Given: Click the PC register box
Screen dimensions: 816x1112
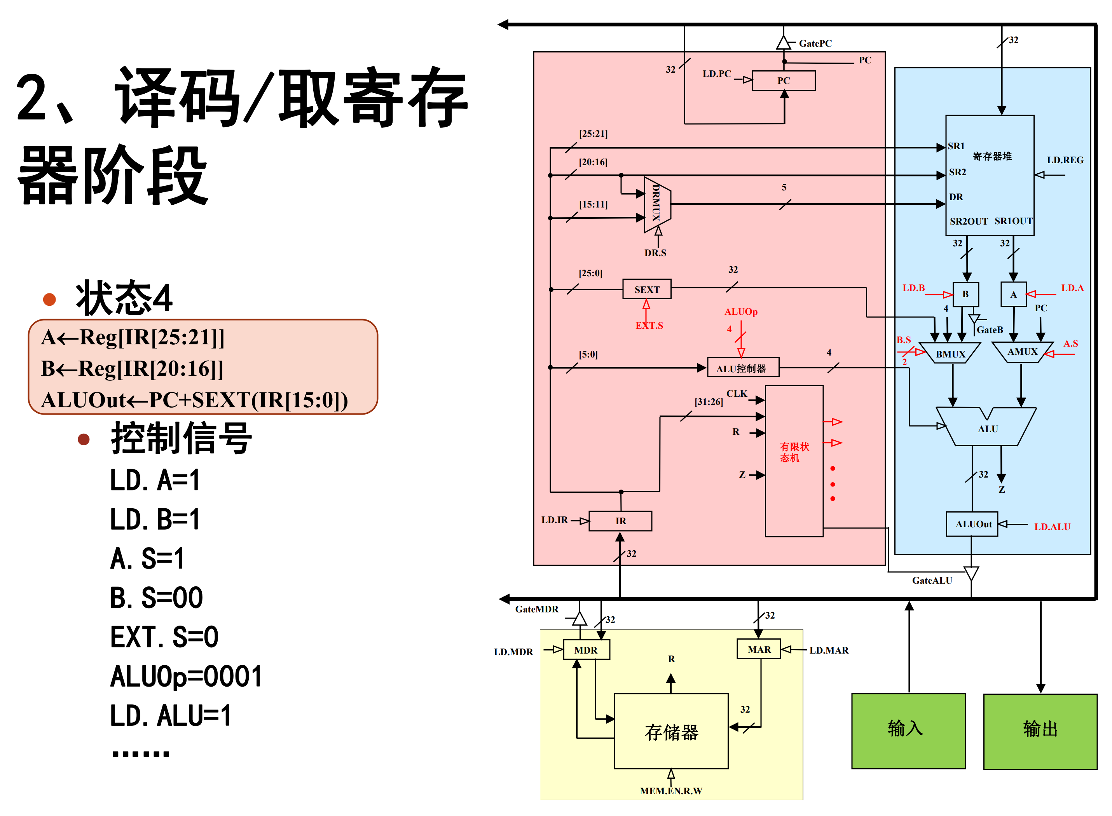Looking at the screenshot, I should pos(783,80).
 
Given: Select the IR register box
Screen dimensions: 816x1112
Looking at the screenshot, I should pos(620,521).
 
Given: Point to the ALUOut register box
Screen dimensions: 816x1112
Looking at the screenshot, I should pos(972,524).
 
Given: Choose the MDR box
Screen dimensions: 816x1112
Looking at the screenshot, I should pos(586,650).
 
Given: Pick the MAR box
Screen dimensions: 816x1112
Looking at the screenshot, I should pos(758,649).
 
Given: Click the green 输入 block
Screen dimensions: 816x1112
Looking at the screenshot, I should pos(908,731).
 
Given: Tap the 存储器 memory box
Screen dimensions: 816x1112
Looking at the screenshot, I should pos(670,731).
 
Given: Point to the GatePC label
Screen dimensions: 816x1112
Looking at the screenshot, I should pos(815,44).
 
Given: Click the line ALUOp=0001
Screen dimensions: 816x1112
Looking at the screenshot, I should pos(186,676).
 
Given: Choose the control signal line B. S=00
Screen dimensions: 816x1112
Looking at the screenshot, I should pos(156,598).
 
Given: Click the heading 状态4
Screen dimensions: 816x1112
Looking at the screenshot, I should pos(124,298).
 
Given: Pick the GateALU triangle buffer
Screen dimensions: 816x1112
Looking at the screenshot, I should pos(970,573).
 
